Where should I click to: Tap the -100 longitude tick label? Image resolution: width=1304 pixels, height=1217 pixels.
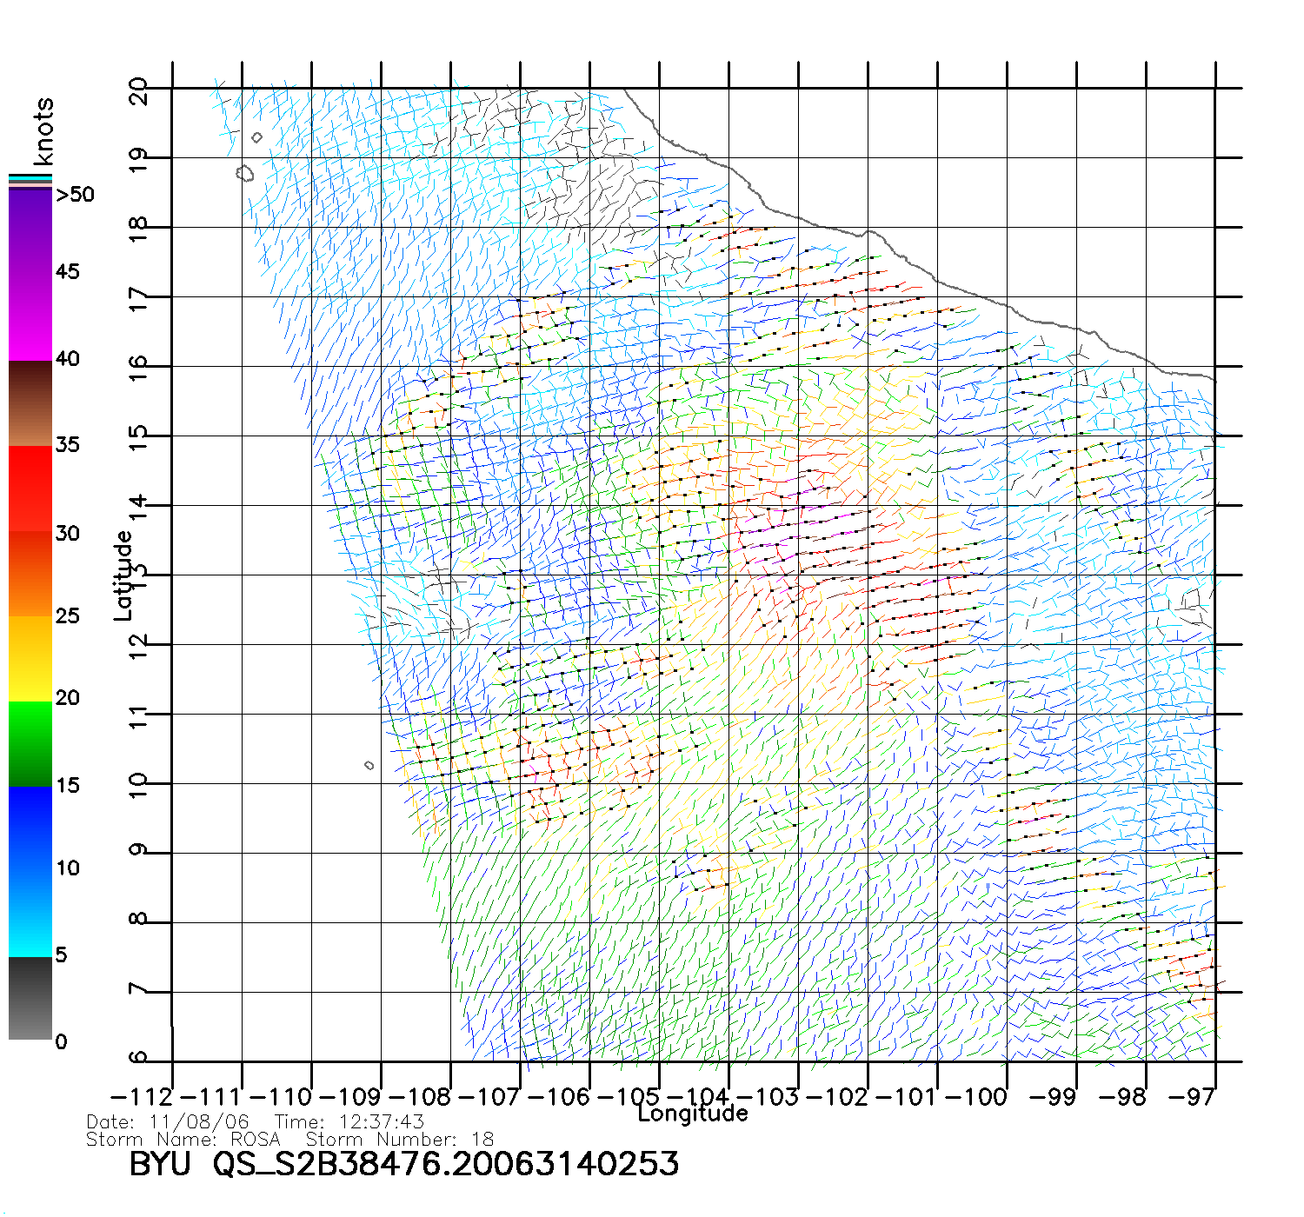(x=975, y=1097)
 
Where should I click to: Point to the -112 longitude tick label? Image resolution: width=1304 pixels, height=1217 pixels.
(x=143, y=1097)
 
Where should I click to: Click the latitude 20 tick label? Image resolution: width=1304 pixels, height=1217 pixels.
(x=138, y=90)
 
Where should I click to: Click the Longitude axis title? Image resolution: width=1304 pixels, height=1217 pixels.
(x=693, y=1114)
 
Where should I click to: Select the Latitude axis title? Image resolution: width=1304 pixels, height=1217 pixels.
(x=123, y=575)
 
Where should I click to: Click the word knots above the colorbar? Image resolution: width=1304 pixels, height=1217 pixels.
(x=43, y=131)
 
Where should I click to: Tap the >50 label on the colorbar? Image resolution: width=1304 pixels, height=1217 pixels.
(x=76, y=195)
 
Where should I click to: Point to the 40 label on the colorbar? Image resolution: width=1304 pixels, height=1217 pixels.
(x=67, y=359)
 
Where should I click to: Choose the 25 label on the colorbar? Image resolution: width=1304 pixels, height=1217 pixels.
(x=67, y=616)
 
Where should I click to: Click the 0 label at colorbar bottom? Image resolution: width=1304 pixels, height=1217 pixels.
(x=61, y=1041)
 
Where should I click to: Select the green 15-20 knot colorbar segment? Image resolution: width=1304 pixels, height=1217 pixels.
(x=30, y=743)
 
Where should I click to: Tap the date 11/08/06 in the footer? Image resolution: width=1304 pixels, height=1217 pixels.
(x=199, y=1122)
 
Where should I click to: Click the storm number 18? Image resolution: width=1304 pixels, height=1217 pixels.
(x=482, y=1140)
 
